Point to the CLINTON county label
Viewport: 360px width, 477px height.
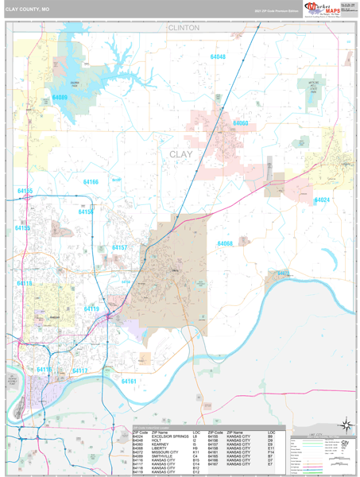click(182, 27)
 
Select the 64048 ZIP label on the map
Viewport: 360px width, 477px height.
click(217, 57)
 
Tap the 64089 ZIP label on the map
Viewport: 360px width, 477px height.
click(60, 98)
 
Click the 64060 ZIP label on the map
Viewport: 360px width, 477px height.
click(240, 124)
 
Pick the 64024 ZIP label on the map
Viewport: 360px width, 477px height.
click(321, 200)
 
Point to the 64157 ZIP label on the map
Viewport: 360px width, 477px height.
click(119, 248)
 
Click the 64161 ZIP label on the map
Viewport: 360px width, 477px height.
click(129, 382)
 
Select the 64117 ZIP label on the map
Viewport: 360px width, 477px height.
click(80, 370)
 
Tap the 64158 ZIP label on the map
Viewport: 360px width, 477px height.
click(86, 212)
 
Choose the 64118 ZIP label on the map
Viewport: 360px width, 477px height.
click(25, 284)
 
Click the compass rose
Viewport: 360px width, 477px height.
click(346, 425)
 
